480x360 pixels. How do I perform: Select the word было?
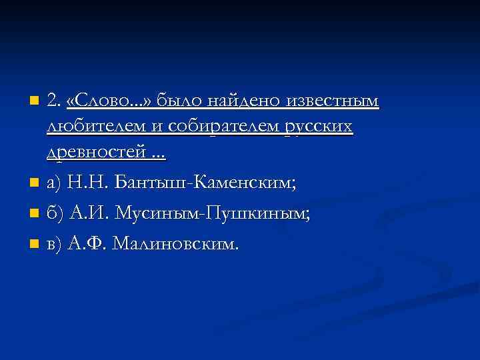pyautogui.click(x=181, y=101)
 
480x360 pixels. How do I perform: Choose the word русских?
pyautogui.click(x=318, y=127)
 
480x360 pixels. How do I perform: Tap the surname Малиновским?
pyautogui.click(x=175, y=245)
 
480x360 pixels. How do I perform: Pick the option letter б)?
pyautogui.click(x=55, y=214)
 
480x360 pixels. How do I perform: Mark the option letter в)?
pyautogui.click(x=55, y=245)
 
